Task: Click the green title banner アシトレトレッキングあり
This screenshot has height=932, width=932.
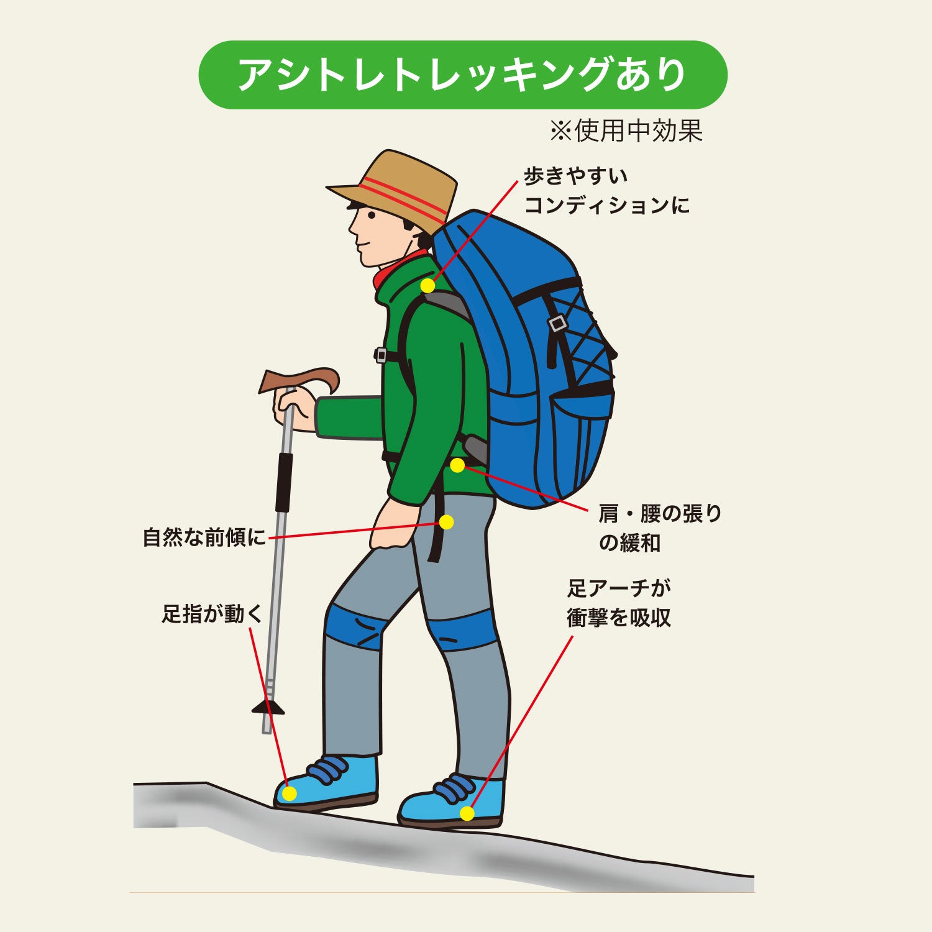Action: click(x=463, y=75)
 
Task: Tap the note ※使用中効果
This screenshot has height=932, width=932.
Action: click(x=626, y=130)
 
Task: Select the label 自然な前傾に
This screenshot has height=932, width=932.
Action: click(x=204, y=537)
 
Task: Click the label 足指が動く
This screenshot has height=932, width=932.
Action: click(x=212, y=614)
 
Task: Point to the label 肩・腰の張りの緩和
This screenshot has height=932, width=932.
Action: click(x=660, y=528)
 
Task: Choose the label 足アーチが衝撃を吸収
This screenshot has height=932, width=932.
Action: click(x=619, y=603)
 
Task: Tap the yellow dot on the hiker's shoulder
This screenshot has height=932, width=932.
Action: click(x=427, y=286)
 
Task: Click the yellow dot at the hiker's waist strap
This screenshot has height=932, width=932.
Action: click(x=457, y=465)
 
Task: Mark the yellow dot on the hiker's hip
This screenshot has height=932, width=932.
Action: click(x=447, y=522)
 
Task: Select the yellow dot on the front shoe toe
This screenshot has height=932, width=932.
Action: click(x=289, y=793)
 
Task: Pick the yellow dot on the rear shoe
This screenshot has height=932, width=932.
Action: click(x=467, y=813)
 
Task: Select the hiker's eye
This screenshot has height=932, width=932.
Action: click(x=372, y=215)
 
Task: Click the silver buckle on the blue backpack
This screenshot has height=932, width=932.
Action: click(x=557, y=324)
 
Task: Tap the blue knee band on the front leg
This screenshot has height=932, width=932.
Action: click(x=355, y=626)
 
